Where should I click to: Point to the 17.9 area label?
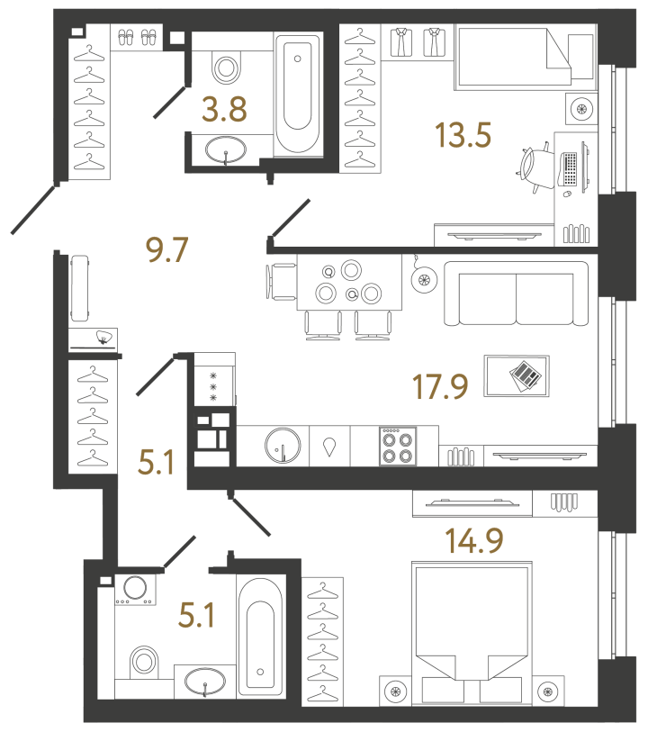point(439,391)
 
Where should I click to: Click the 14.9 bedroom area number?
point(473,540)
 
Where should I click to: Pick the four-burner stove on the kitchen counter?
point(398,446)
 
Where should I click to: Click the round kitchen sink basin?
point(283,446)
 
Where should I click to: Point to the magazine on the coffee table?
point(524,374)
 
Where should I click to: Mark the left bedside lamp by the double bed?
point(395,691)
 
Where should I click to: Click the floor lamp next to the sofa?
point(423,280)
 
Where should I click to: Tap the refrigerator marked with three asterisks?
point(214,385)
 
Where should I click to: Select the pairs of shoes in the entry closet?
point(137,37)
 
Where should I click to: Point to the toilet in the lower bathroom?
point(143,664)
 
